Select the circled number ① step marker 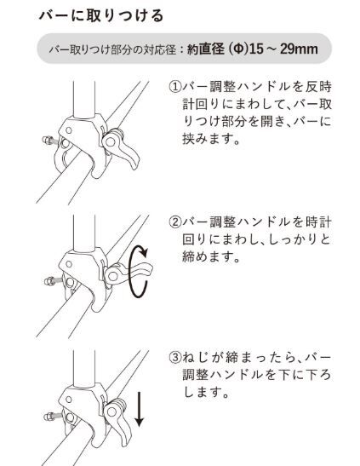coord(175,88)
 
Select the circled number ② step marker coord(175,223)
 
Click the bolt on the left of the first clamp coord(46,141)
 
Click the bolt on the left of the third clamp coord(47,417)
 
